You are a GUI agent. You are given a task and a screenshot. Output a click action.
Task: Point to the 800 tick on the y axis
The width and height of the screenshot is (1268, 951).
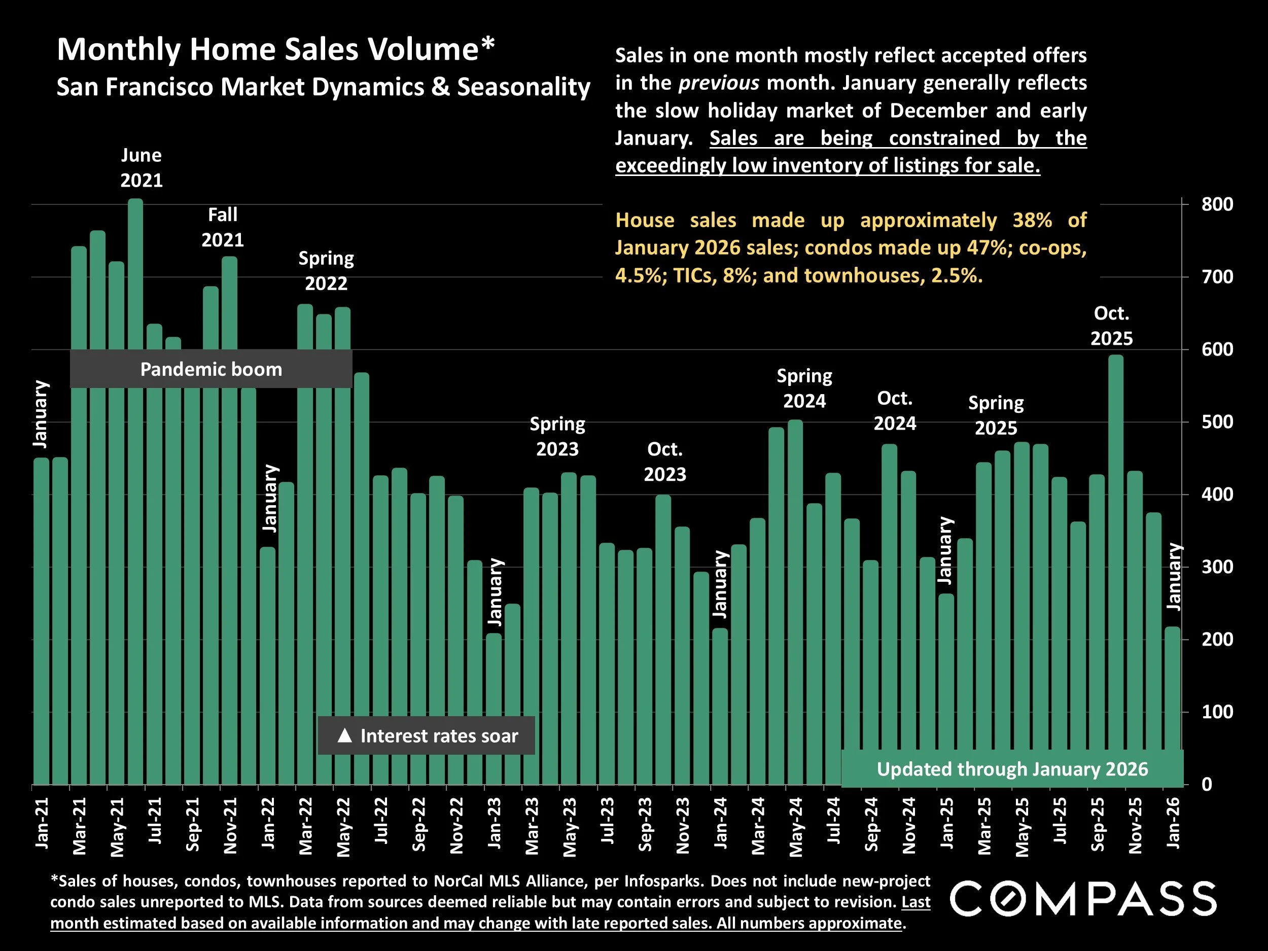1217,204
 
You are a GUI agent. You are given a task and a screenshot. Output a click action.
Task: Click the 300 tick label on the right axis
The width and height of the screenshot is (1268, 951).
1217,568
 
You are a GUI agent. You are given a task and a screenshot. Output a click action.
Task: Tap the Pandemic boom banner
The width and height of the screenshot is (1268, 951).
211,369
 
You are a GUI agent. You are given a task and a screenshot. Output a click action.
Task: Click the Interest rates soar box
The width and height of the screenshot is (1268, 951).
427,735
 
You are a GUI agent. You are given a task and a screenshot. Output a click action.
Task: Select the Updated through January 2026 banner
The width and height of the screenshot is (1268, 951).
1012,769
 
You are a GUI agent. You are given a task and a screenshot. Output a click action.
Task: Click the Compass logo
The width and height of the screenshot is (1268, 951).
1083,899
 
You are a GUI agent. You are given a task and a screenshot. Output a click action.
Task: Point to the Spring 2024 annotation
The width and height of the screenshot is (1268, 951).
804,388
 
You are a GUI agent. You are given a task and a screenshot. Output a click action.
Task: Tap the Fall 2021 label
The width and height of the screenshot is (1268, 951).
223,227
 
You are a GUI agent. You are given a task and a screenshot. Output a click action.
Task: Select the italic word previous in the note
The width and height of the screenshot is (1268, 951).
718,83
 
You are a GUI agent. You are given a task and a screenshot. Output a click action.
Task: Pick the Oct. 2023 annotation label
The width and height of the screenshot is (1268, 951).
664,462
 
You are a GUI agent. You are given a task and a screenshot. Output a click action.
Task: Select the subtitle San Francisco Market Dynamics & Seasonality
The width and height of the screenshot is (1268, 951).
323,87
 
